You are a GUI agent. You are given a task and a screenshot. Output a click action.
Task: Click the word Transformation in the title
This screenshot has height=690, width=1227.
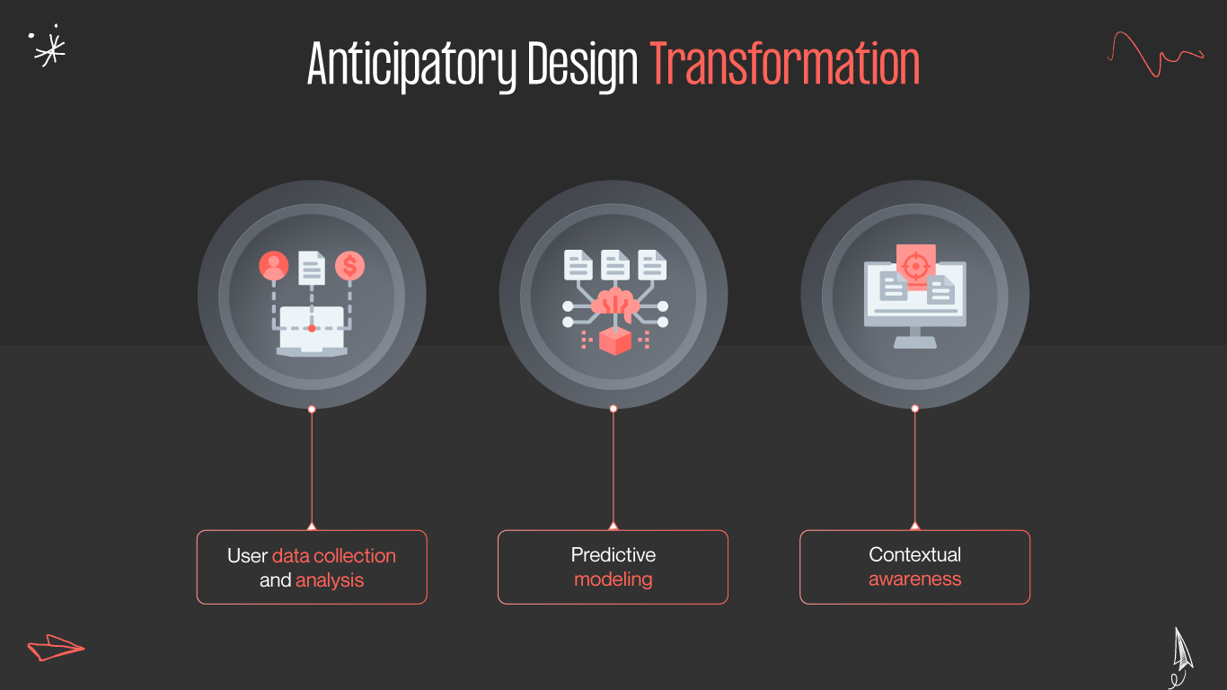click(x=785, y=65)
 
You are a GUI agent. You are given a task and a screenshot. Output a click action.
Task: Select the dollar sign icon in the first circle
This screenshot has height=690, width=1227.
click(x=349, y=266)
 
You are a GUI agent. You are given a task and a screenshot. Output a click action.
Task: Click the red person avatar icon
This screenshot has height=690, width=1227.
click(x=273, y=266)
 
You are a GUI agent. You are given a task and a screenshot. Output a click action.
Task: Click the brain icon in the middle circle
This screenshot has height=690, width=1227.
click(x=614, y=304)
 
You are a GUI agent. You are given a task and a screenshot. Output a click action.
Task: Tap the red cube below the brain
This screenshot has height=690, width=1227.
click(x=614, y=341)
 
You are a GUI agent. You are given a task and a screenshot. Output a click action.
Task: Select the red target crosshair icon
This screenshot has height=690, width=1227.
click(x=915, y=265)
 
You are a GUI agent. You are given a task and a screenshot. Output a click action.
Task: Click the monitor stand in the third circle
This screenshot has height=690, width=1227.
click(x=915, y=337)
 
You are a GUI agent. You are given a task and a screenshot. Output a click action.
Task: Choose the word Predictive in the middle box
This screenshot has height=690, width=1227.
click(x=613, y=554)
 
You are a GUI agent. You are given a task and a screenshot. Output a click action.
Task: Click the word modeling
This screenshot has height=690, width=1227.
click(x=613, y=579)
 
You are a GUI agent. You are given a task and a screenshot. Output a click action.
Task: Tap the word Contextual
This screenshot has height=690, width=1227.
click(x=914, y=554)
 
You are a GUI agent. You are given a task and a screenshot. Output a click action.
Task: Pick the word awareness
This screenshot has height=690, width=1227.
click(x=914, y=579)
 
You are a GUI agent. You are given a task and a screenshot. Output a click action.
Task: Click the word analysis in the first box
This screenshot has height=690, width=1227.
click(x=330, y=580)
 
